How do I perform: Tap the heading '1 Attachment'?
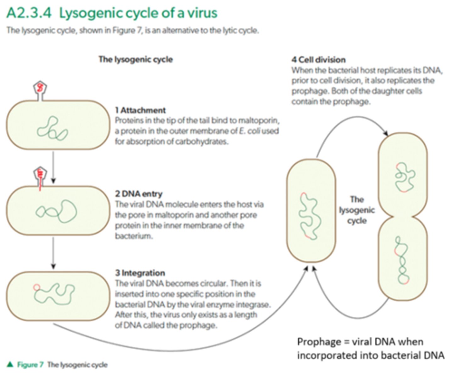click(x=140, y=110)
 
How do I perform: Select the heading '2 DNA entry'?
click(x=138, y=194)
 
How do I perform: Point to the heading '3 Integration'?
click(x=140, y=273)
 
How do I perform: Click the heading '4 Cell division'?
click(x=318, y=59)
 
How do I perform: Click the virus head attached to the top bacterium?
click(x=40, y=88)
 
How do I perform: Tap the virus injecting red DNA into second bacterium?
click(x=40, y=174)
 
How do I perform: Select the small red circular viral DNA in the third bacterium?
click(x=36, y=287)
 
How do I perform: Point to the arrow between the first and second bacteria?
click(x=53, y=167)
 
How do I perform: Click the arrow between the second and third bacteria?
click(x=53, y=253)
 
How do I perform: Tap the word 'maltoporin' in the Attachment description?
click(x=259, y=121)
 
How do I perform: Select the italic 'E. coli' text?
click(x=249, y=131)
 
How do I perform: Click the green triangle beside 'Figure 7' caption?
click(x=10, y=364)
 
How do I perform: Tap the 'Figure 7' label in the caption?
click(x=30, y=365)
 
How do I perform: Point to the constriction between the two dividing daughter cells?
click(x=402, y=217)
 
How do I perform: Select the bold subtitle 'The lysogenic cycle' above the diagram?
click(x=136, y=59)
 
